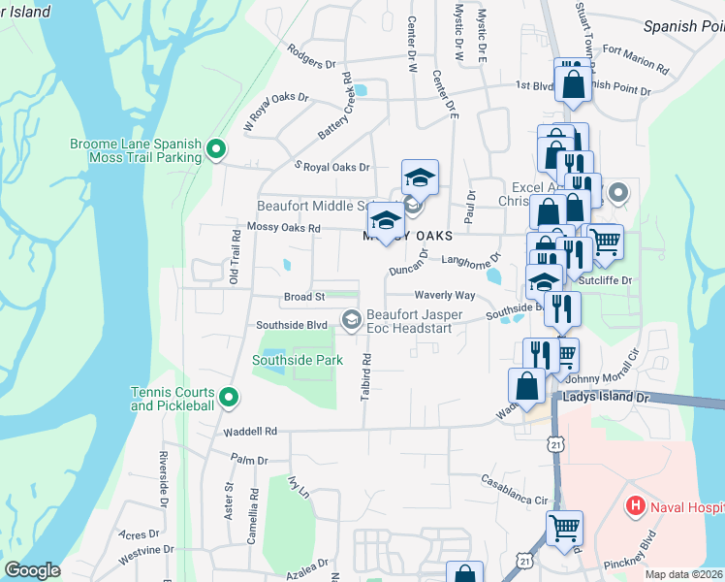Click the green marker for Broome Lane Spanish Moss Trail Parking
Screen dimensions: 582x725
point(216,150)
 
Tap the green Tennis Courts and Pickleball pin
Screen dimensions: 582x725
point(229,398)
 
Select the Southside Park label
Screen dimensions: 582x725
point(298,360)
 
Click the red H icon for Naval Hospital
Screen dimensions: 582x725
point(635,504)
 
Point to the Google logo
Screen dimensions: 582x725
point(32,570)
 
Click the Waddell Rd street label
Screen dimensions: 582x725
point(249,431)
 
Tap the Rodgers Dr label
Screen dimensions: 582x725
point(304,63)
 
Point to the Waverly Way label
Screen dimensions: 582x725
point(445,295)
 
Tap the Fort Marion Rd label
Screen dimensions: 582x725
point(635,58)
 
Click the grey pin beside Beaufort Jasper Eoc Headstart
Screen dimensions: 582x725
point(351,318)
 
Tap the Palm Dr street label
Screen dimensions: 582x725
point(248,459)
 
